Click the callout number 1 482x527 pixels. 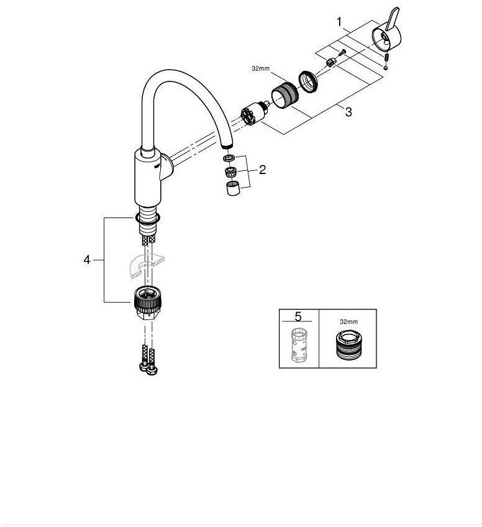point(339,22)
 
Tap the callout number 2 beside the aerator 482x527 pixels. point(262,169)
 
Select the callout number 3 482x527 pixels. point(348,112)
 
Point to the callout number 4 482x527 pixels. point(87,260)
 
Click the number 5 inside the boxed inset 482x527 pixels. point(298,316)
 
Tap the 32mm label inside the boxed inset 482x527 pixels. point(348,322)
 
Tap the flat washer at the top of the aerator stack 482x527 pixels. point(227,160)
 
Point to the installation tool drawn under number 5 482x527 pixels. point(298,345)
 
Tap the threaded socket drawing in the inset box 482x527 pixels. point(348,344)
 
